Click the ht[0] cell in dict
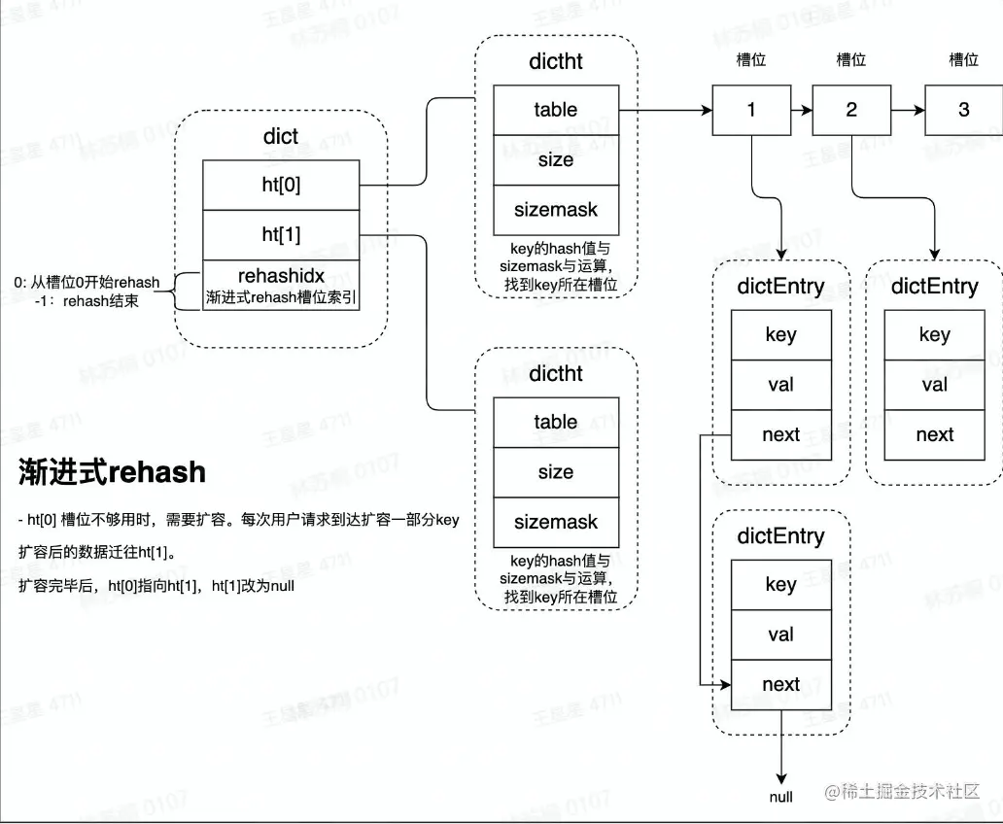pyautogui.click(x=281, y=185)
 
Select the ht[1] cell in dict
pyautogui.click(x=281, y=234)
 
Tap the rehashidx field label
pyautogui.click(x=281, y=276)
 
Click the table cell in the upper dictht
pyautogui.click(x=555, y=110)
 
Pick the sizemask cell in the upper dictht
pyautogui.click(x=555, y=210)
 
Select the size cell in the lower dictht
pyautogui.click(x=555, y=472)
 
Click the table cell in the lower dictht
pyautogui.click(x=555, y=422)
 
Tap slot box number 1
pyautogui.click(x=750, y=110)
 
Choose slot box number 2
pyautogui.click(x=851, y=110)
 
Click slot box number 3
pyautogui.click(x=963, y=110)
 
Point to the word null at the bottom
pyautogui.click(x=781, y=798)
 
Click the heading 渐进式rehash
pyautogui.click(x=113, y=472)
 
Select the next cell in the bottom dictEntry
pyautogui.click(x=780, y=685)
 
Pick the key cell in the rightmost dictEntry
pyautogui.click(x=934, y=335)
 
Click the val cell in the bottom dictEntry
pyautogui.click(x=780, y=635)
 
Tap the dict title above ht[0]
pyautogui.click(x=281, y=137)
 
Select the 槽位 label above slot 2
pyautogui.click(x=851, y=60)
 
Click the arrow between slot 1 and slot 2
pyautogui.click(x=801, y=110)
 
